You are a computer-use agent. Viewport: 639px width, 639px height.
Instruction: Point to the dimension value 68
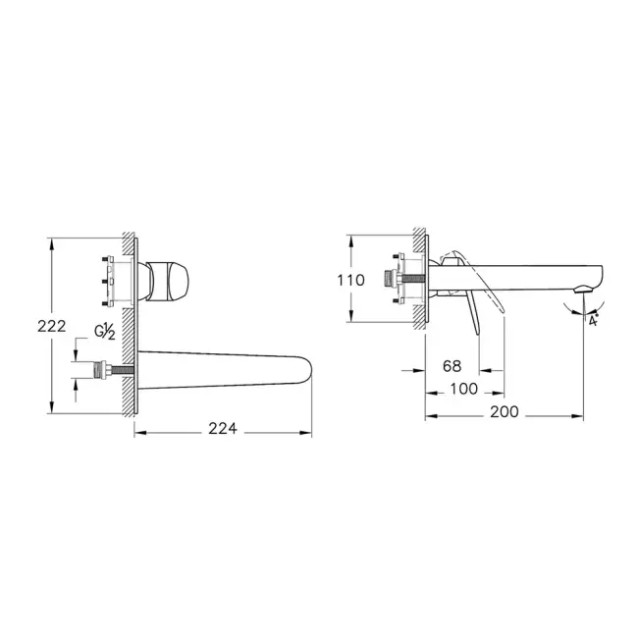[x=452, y=365]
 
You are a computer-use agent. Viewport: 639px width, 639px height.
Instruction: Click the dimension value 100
[x=463, y=389]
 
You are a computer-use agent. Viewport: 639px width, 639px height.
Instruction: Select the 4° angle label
[x=592, y=319]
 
